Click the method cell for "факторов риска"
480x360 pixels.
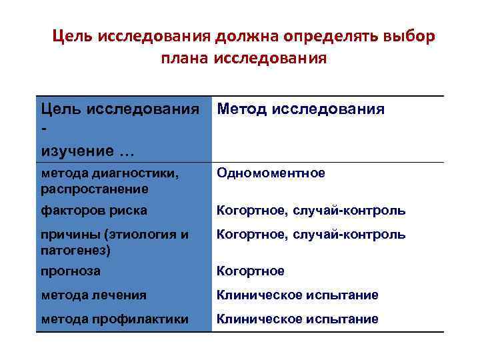(311, 211)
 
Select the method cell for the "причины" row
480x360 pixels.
(311, 235)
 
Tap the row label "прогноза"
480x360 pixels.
(71, 271)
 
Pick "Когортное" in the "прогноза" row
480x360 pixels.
(251, 271)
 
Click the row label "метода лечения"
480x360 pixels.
(93, 295)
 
